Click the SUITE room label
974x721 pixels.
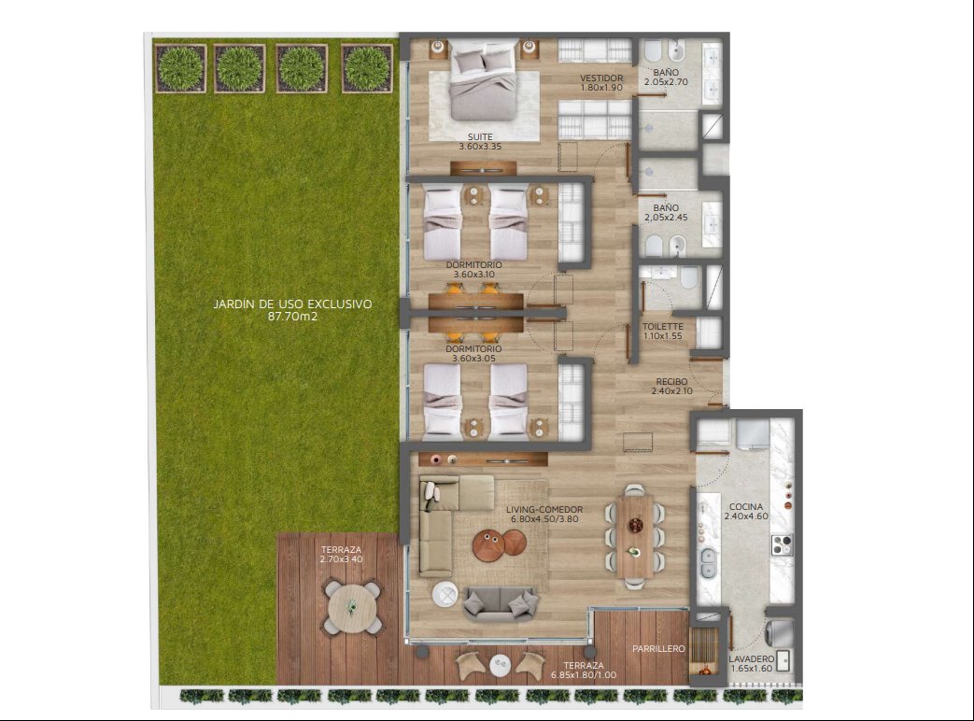click(480, 136)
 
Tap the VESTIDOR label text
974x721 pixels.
click(601, 78)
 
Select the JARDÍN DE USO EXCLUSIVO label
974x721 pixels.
click(292, 304)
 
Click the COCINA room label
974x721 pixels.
click(746, 507)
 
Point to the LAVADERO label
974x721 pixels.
click(752, 659)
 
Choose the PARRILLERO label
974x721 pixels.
click(658, 649)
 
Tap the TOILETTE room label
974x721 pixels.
click(663, 327)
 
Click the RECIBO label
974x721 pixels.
click(671, 382)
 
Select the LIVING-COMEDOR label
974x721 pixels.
click(544, 510)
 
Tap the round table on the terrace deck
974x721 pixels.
click(351, 607)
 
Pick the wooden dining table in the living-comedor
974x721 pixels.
click(635, 535)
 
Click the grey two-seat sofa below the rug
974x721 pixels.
click(501, 603)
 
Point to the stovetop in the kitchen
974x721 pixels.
click(782, 544)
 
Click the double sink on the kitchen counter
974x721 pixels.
click(708, 562)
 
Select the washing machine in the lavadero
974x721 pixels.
click(780, 633)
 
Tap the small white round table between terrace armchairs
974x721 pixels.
click(500, 665)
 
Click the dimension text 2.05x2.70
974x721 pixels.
click(666, 82)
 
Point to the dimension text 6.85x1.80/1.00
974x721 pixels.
click(584, 674)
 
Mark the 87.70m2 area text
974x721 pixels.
click(292, 316)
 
